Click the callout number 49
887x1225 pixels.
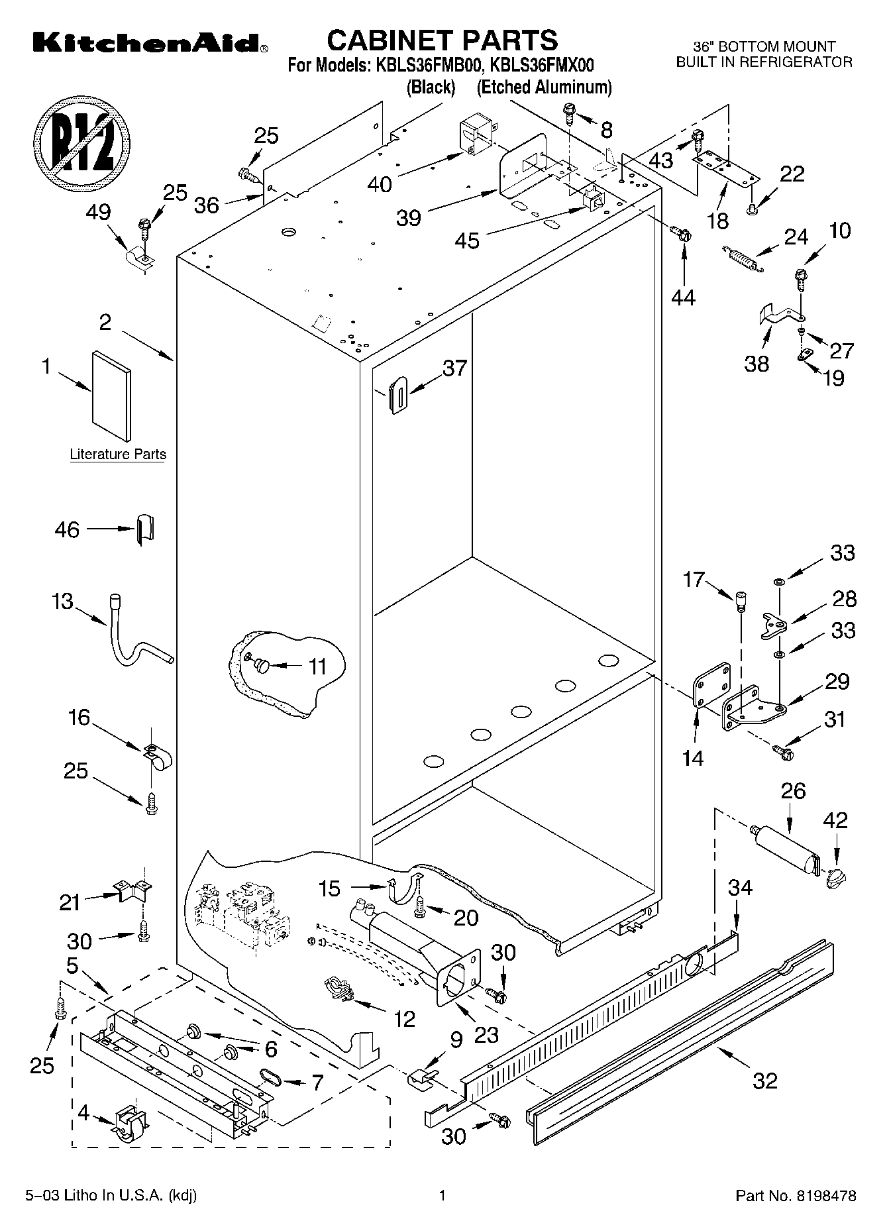(x=99, y=213)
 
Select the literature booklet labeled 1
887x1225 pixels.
(x=111, y=395)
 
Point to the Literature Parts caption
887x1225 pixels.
(x=118, y=454)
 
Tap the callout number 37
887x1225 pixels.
(x=454, y=368)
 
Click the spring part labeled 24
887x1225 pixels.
(x=742, y=258)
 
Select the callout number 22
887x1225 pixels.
(x=792, y=174)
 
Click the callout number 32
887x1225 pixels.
(x=764, y=1081)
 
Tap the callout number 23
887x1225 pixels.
(x=486, y=1034)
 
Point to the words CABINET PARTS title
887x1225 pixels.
(x=443, y=41)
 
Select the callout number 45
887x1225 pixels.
(x=466, y=240)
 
